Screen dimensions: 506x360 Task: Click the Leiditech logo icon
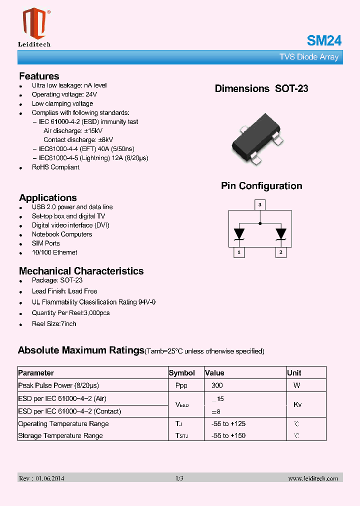click(34, 23)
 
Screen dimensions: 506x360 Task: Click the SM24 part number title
click(324, 40)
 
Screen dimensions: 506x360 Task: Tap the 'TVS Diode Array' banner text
click(308, 57)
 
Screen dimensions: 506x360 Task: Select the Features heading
click(39, 76)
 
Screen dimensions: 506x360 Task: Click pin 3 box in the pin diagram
click(259, 204)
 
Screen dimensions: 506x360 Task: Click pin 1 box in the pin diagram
click(239, 252)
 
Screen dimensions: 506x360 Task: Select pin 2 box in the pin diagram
click(281, 252)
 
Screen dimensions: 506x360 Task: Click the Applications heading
click(48, 197)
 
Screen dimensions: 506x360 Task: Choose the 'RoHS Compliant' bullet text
click(55, 167)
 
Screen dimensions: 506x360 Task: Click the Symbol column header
click(182, 373)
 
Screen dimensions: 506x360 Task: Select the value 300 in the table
click(217, 385)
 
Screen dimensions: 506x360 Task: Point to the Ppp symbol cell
click(181, 385)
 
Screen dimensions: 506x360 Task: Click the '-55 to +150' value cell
click(228, 435)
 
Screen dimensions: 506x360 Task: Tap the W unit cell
click(296, 385)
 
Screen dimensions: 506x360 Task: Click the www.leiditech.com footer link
click(313, 478)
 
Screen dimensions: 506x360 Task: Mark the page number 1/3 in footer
click(179, 478)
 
